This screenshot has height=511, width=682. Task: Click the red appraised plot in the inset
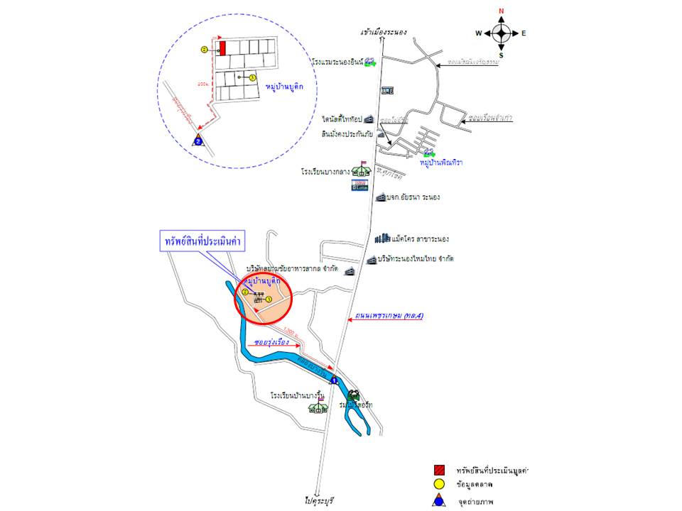pos(222,48)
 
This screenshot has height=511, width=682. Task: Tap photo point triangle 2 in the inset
pos(198,140)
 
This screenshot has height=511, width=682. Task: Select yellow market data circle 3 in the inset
pos(251,77)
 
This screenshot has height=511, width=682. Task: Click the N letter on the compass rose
pos(502,11)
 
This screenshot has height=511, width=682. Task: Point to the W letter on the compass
pos(479,33)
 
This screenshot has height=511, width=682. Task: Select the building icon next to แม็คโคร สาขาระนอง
pos(382,238)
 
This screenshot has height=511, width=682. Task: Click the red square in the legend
pos(440,470)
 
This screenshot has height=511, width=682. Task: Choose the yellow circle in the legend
pos(440,485)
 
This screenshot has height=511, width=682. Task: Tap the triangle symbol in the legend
pos(440,501)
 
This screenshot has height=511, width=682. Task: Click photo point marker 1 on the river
pos(333,380)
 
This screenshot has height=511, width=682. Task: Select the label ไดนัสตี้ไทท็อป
pos(342,120)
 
